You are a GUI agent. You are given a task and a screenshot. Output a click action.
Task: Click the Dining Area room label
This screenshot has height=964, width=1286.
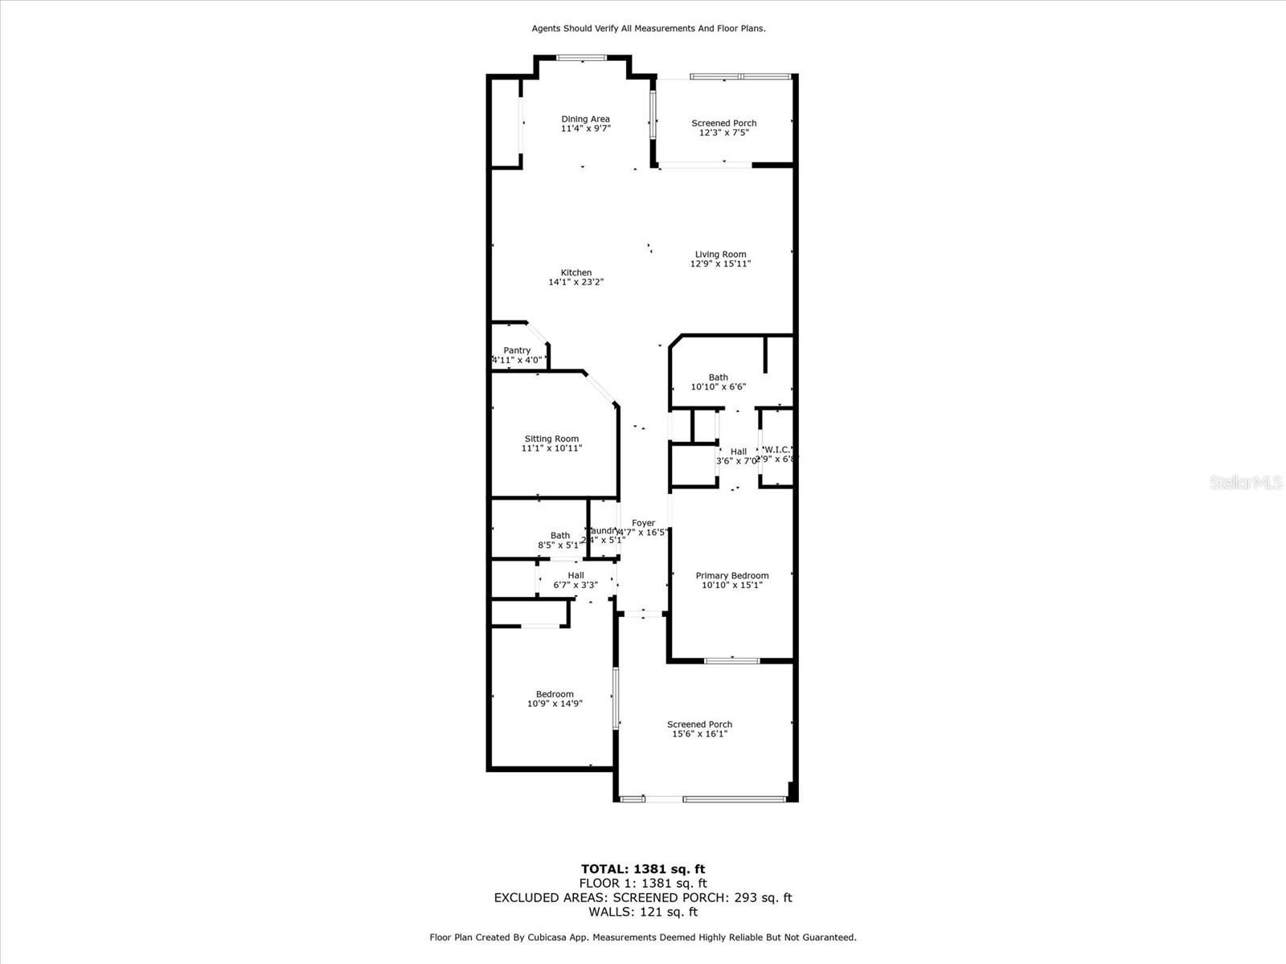(585, 119)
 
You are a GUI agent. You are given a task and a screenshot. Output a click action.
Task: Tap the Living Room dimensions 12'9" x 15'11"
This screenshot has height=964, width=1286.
(720, 263)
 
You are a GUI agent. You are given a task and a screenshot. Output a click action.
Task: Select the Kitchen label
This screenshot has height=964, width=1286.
(576, 273)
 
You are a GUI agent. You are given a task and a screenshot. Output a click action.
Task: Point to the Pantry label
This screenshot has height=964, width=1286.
(517, 350)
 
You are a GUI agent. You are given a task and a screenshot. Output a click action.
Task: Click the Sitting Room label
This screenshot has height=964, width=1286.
(551, 439)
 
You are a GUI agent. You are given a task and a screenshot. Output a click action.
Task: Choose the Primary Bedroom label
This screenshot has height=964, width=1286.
(732, 575)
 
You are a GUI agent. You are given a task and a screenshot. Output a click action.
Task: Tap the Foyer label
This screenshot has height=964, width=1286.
(643, 523)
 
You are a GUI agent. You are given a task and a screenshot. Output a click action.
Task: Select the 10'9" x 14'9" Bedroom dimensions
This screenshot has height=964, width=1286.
(555, 704)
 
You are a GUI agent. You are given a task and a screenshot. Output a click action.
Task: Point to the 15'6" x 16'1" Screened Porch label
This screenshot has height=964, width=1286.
(699, 729)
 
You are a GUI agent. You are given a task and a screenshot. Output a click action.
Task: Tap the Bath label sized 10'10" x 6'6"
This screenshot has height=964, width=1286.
(719, 378)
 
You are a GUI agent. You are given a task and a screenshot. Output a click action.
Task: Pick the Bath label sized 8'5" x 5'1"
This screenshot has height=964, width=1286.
(560, 536)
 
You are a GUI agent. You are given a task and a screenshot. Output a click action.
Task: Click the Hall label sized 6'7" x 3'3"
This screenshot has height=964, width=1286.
(575, 575)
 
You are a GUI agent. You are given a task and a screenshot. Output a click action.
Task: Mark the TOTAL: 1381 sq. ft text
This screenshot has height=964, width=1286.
(643, 868)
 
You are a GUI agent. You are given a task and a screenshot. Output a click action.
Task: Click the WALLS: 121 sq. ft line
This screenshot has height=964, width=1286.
(643, 912)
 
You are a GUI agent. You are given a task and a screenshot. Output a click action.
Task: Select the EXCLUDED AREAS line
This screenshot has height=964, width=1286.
(643, 897)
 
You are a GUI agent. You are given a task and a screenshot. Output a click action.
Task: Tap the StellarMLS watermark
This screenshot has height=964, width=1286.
(1245, 483)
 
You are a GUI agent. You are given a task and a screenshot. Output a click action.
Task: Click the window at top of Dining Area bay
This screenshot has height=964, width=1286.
(582, 57)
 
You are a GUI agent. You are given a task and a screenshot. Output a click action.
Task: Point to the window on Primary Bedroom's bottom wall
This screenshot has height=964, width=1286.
(731, 661)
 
